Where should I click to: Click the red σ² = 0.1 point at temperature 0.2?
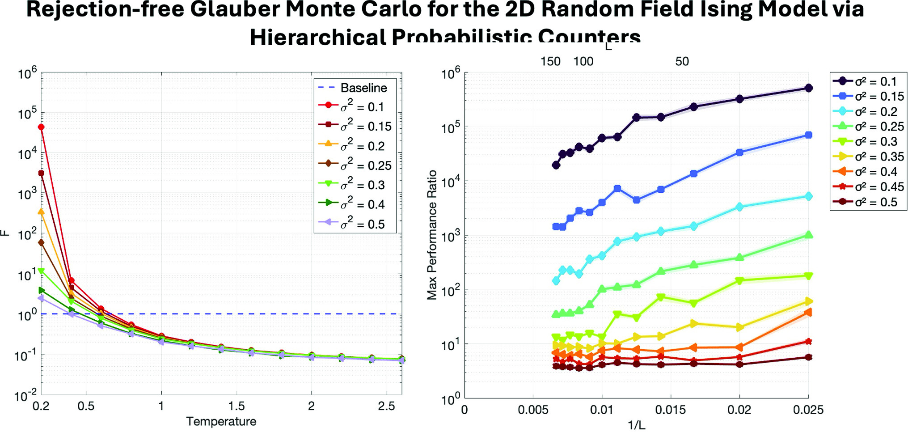42,127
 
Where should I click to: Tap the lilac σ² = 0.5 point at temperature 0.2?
42,298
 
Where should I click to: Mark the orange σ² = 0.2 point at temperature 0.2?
42,212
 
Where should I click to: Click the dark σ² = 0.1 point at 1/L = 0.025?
808,88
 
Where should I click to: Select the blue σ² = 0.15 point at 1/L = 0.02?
739,152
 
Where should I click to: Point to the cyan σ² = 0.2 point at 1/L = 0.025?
808,196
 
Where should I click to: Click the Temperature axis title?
221,422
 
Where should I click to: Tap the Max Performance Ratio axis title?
432,235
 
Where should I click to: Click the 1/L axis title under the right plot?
637,425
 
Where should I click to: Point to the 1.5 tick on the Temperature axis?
237,406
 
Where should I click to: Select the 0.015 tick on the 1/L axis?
671,410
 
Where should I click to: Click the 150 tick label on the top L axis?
550,62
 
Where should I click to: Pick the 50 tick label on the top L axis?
682,62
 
